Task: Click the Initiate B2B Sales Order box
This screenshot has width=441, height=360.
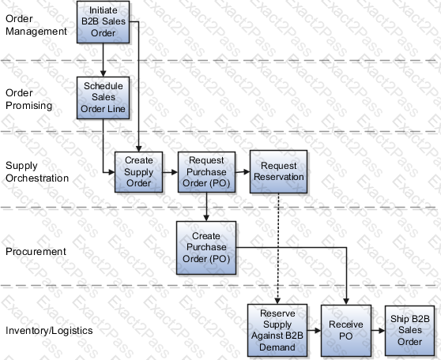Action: pos(104,22)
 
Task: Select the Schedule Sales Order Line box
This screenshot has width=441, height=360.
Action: pos(104,98)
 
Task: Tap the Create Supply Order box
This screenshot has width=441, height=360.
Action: pos(138,172)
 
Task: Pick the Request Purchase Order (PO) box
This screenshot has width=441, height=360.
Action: pos(207,172)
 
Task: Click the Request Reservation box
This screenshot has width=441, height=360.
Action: pos(279,171)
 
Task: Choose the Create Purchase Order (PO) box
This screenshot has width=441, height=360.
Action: pos(206,248)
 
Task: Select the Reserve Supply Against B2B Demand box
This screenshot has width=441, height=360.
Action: pos(277,330)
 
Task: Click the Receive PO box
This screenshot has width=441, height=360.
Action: pos(346,331)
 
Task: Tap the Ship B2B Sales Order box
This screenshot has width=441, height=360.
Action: pos(409,331)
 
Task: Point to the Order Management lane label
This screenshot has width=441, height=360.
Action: pos(36,24)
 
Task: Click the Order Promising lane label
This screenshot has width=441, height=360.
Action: pos(28,99)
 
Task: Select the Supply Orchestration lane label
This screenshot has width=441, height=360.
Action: pos(37,171)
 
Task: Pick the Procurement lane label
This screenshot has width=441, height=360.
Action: pos(36,251)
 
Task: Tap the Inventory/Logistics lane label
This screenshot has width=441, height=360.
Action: pos(49,331)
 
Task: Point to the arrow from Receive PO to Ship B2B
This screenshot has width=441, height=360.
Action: pos(378,331)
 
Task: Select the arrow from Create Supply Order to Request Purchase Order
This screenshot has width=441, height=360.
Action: pos(170,172)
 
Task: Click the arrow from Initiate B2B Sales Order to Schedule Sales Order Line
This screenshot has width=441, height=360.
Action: pos(104,60)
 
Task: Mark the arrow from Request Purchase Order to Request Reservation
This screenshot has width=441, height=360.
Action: pos(243,171)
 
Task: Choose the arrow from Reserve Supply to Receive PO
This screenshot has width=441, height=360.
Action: pos(315,331)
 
